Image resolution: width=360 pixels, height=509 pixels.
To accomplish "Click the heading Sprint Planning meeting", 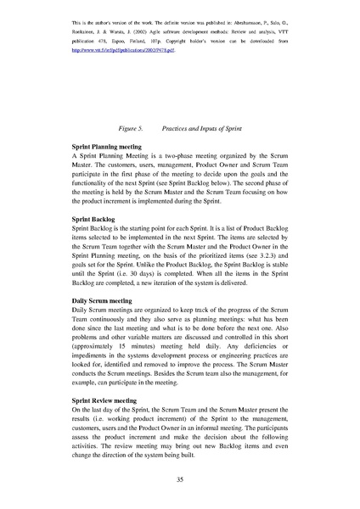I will [x=110, y=147].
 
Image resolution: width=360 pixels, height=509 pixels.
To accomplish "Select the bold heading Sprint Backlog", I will [x=96, y=220].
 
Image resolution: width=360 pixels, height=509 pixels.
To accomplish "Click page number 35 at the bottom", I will [x=180, y=481].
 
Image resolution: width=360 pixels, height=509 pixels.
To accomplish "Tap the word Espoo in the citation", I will [x=139, y=40].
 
